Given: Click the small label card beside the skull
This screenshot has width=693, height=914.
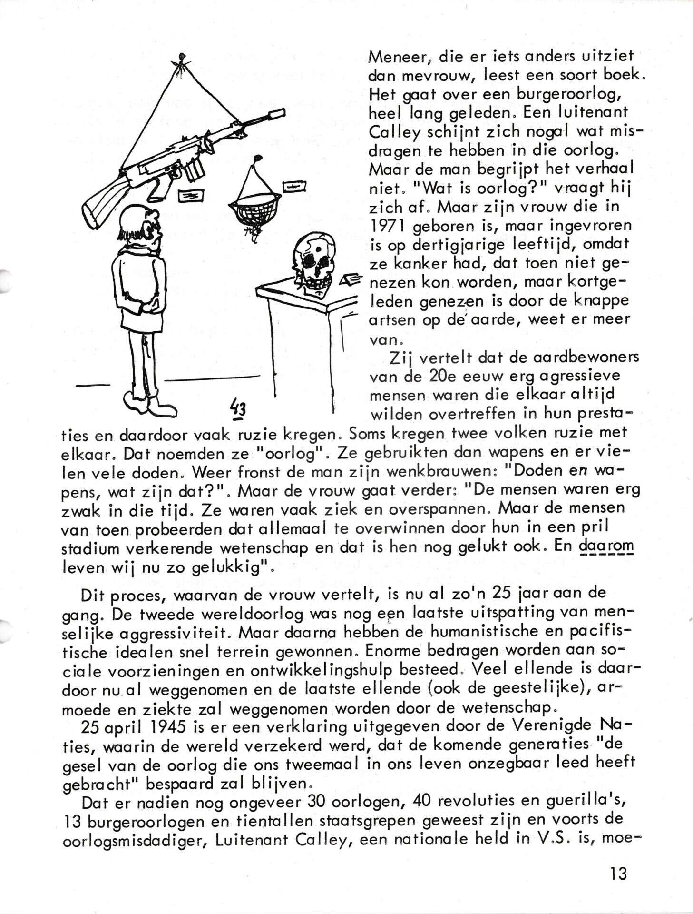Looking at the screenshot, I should (x=351, y=280).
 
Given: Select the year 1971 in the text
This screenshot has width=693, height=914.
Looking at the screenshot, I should (x=386, y=226).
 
